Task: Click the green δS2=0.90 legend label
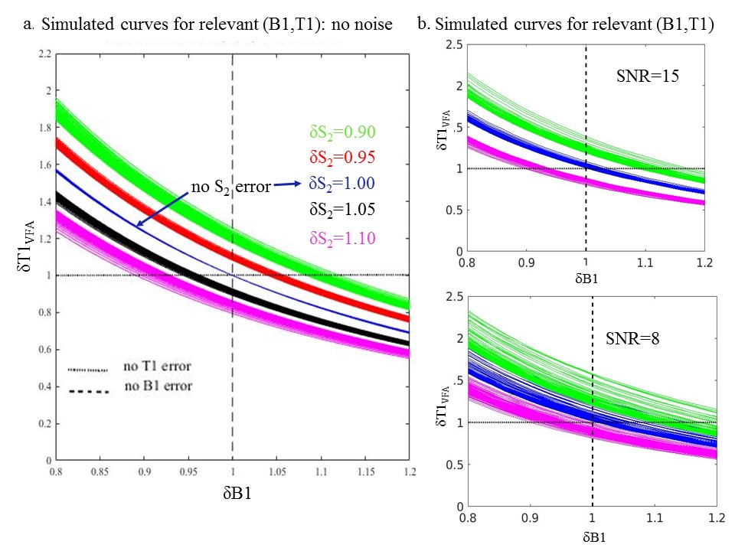(342, 132)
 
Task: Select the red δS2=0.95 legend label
(342, 158)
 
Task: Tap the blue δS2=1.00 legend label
(342, 184)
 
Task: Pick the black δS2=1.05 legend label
(342, 209)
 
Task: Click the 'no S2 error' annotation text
(232, 184)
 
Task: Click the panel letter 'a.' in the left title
(28, 24)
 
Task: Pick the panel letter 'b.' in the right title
(423, 24)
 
